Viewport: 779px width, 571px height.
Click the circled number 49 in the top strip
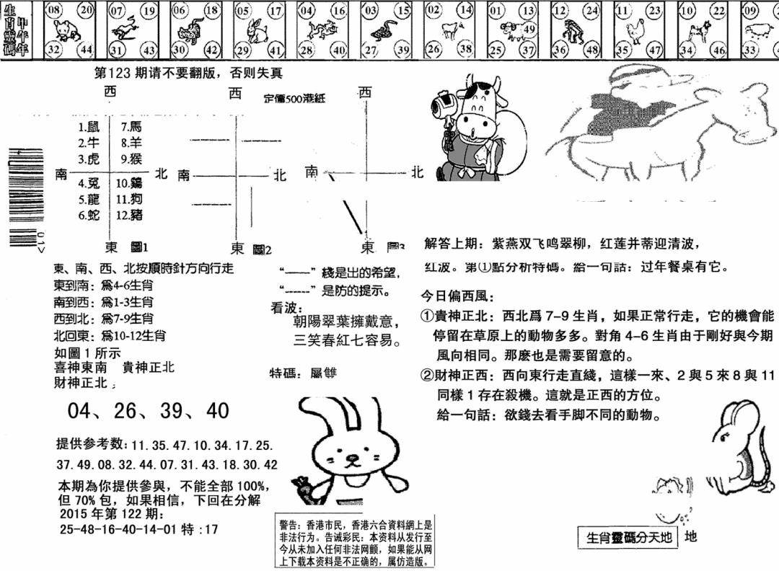(529, 29)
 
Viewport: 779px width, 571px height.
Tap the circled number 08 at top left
(53, 11)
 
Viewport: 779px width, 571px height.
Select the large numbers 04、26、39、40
(148, 411)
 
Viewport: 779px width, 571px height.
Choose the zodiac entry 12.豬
(132, 214)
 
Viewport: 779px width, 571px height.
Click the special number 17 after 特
(211, 529)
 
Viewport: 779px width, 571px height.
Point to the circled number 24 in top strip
(593, 11)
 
